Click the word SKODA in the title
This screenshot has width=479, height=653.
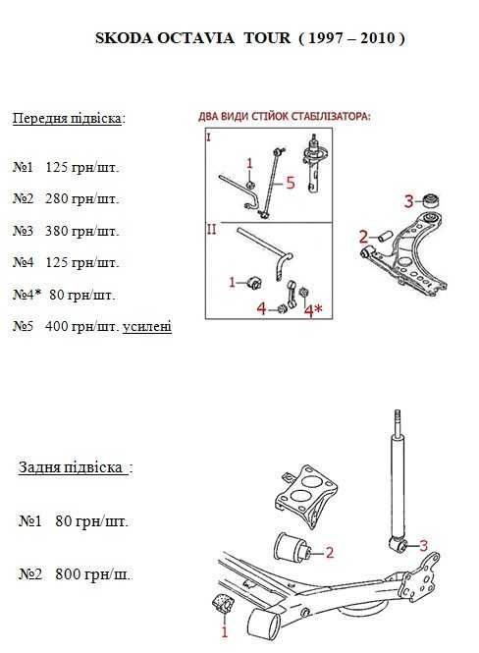click(123, 38)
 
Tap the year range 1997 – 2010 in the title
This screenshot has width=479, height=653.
click(351, 38)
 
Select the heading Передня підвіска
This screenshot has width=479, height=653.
click(68, 118)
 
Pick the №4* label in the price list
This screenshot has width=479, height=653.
click(27, 295)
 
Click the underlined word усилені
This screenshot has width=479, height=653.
click(147, 326)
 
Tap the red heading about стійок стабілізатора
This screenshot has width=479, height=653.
click(285, 117)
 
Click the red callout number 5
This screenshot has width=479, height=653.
click(291, 183)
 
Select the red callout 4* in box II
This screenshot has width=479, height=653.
click(313, 310)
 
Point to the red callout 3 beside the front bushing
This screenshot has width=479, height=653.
click(409, 201)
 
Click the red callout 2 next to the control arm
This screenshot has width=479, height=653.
click(364, 237)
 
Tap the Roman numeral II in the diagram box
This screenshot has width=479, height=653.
click(212, 229)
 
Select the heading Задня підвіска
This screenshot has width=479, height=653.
click(71, 467)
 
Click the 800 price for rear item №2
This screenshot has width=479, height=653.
click(69, 574)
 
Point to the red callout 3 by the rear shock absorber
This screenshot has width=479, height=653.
click(423, 546)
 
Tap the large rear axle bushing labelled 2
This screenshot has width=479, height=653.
click(293, 546)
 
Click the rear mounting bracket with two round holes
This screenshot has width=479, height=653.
click(307, 496)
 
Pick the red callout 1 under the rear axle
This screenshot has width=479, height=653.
click(225, 631)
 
